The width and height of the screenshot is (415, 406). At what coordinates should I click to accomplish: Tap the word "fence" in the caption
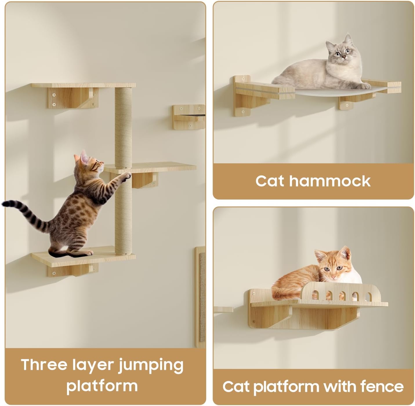coord(382,386)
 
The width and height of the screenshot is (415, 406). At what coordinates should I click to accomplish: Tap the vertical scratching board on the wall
coord(200,295)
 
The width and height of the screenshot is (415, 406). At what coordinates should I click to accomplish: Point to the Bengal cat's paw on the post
coord(127,175)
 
